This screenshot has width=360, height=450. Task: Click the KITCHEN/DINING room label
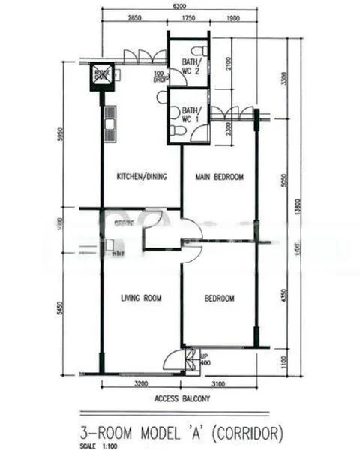coord(141,177)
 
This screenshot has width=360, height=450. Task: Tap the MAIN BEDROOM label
coord(220,177)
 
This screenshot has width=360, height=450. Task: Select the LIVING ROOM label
coord(142,298)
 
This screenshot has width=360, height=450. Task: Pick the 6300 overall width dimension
coord(178,6)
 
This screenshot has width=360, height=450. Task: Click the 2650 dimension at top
coord(135,18)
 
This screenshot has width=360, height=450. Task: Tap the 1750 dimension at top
coord(188,18)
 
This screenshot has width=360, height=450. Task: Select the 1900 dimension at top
coord(232,18)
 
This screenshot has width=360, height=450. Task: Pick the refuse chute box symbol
coord(101,75)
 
